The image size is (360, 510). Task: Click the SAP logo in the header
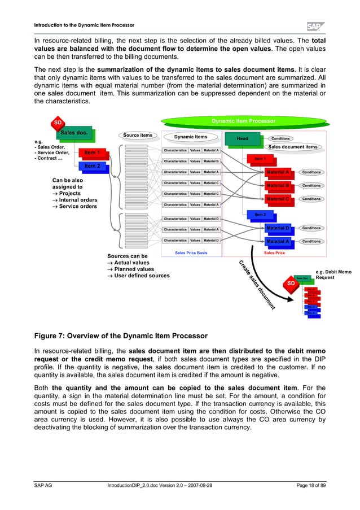[318, 26]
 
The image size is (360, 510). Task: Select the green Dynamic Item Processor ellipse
[243, 121]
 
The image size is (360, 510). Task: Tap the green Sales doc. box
[74, 133]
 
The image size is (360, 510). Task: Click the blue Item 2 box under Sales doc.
[92, 166]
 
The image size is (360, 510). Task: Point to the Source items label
[137, 136]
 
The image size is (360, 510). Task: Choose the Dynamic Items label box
[190, 137]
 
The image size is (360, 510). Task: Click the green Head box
[243, 138]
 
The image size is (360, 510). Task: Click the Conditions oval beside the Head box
[280, 138]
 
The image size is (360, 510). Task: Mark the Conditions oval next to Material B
[311, 185]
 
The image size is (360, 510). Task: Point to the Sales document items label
[292, 147]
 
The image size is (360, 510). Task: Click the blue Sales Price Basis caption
[191, 253]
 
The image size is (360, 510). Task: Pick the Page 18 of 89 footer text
[302, 486]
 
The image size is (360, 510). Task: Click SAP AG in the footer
[45, 486]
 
